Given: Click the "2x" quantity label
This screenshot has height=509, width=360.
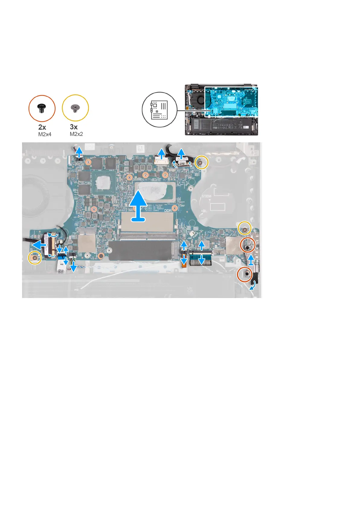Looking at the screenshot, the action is point(42,127).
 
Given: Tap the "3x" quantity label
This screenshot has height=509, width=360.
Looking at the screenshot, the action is point(73,127).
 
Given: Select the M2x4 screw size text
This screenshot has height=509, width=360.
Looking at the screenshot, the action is point(45,134).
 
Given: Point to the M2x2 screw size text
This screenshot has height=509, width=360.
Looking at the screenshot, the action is point(76,134).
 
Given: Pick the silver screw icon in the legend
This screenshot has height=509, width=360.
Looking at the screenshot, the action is point(75,107).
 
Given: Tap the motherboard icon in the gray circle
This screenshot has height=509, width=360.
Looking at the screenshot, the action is point(159,110).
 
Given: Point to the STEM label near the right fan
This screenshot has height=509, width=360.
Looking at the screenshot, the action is point(206,196).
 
